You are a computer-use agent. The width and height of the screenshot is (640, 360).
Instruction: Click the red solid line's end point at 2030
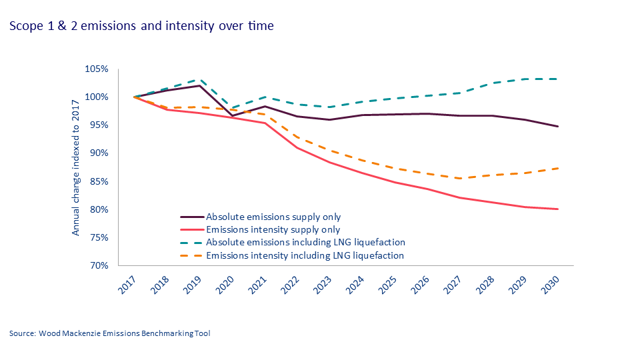click(x=558, y=209)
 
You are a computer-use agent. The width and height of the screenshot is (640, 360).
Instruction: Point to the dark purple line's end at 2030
click(x=558, y=127)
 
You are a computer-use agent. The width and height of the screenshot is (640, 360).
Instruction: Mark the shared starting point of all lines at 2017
click(x=134, y=97)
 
